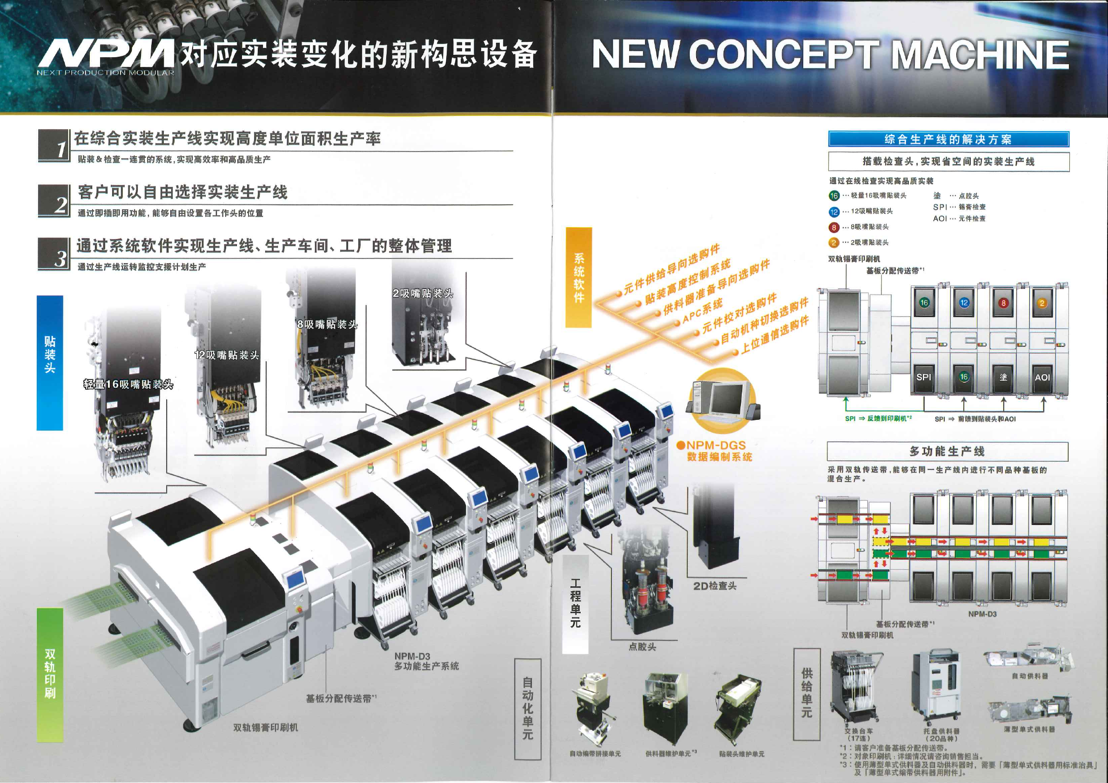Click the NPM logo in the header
pyautogui.click(x=106, y=54)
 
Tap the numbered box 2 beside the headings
pyautogui.click(x=54, y=200)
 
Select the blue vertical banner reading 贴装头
pyautogui.click(x=50, y=363)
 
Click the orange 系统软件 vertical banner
pyautogui.click(x=578, y=278)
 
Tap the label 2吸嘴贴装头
pyautogui.click(x=423, y=293)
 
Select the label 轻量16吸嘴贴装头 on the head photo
pyautogui.click(x=128, y=384)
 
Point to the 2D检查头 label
pyautogui.click(x=715, y=586)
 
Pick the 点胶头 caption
pyautogui.click(x=642, y=647)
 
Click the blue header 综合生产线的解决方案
pyautogui.click(x=948, y=139)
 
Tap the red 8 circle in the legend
pyautogui.click(x=834, y=227)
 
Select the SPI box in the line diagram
pyautogui.click(x=924, y=377)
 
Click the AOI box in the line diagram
pyautogui.click(x=1042, y=377)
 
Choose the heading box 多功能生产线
pyautogui.click(x=947, y=451)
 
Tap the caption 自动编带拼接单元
pyautogui.click(x=595, y=754)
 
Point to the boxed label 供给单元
pyautogui.click(x=806, y=693)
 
